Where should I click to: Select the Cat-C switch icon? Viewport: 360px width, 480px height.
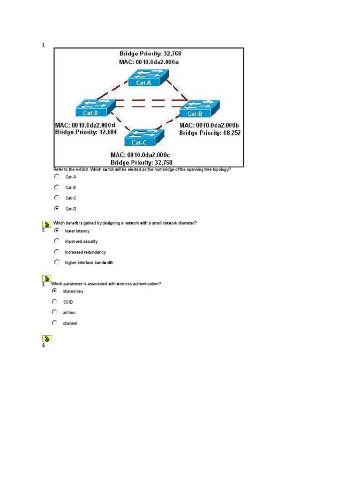click(145, 137)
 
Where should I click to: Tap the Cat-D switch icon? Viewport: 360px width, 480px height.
click(92, 108)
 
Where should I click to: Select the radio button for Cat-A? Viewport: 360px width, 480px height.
click(57, 177)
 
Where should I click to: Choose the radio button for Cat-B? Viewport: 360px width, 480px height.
click(57, 187)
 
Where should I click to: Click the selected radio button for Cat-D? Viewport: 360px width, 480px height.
click(57, 208)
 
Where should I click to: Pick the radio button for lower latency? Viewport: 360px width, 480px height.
click(57, 231)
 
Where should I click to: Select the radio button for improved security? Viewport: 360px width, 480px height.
click(57, 241)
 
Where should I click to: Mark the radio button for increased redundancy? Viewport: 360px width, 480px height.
click(57, 252)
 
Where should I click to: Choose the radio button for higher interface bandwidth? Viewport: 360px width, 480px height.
click(57, 262)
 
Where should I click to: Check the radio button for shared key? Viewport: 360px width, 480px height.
click(55, 291)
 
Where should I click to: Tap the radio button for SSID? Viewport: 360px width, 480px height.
click(55, 301)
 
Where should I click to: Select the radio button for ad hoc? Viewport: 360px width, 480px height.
click(55, 312)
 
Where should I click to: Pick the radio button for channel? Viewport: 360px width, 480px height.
click(55, 322)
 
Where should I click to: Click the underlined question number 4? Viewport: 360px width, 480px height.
click(43, 345)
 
